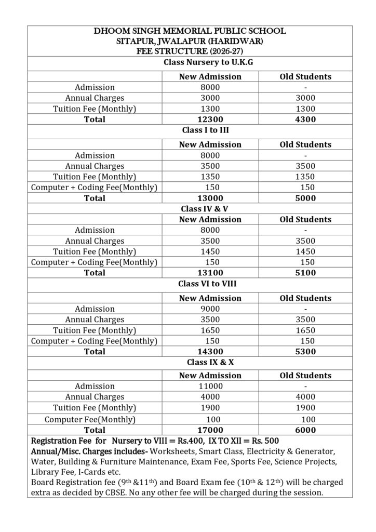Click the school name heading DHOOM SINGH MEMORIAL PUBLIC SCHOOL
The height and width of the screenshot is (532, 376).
click(x=190, y=32)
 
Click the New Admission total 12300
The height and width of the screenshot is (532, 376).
click(x=210, y=119)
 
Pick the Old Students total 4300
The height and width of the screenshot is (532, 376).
click(x=305, y=119)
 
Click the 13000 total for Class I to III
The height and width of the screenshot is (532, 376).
click(x=210, y=198)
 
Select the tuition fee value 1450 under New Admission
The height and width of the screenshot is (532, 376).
click(x=210, y=251)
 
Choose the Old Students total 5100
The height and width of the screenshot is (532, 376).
click(x=305, y=273)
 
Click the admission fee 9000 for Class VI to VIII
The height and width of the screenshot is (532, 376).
click(x=210, y=309)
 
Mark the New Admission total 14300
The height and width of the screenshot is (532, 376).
click(x=210, y=352)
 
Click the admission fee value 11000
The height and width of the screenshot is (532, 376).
click(x=210, y=386)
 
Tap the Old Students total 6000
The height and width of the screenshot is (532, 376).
click(x=305, y=430)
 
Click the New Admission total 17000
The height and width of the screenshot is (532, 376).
click(x=210, y=430)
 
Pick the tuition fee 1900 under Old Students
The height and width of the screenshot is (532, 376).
click(x=305, y=408)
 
